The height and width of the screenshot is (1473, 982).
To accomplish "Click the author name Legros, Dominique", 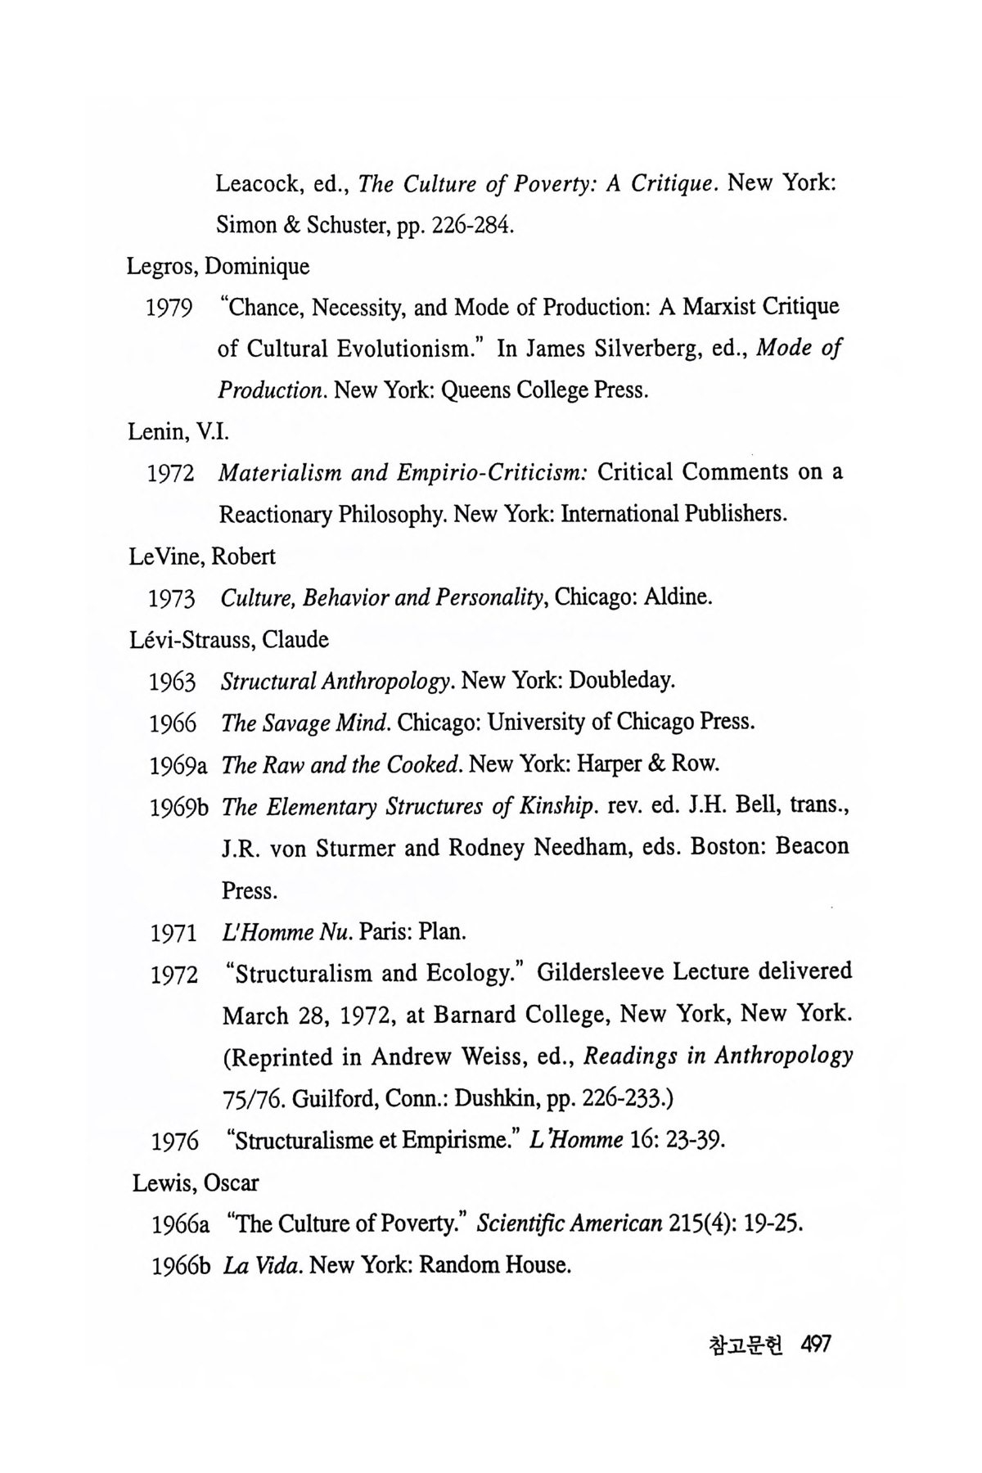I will (x=218, y=267).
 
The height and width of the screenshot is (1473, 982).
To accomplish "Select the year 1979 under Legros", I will (x=169, y=309).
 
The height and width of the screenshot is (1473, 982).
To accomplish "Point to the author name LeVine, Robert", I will (x=202, y=556).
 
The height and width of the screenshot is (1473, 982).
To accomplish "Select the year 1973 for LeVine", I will (x=171, y=599).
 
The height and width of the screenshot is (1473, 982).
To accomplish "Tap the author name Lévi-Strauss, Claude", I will (x=229, y=640).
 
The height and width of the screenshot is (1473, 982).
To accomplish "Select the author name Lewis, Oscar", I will (x=196, y=1183).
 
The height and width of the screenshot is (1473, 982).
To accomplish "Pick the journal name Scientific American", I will (x=569, y=1224).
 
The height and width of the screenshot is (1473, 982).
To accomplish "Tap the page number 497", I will (x=816, y=1345).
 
